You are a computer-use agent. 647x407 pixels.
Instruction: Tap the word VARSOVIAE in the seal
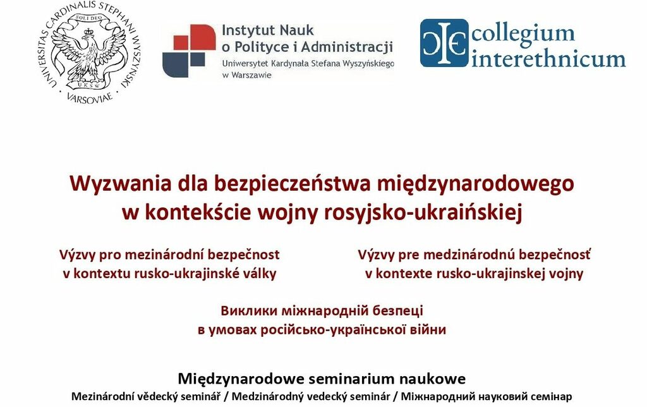click(89, 98)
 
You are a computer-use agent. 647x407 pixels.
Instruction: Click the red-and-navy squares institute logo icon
click(189, 51)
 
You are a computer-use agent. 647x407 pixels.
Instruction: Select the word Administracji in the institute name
click(347, 47)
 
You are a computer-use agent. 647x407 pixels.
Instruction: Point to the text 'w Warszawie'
click(247, 75)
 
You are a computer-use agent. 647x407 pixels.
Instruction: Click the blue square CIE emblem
click(444, 43)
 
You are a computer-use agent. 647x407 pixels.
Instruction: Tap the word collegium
click(523, 33)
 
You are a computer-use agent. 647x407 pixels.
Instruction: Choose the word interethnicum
click(548, 58)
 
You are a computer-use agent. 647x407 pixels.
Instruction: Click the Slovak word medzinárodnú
click(468, 255)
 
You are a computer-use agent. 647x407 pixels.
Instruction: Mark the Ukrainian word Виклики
click(249, 310)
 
